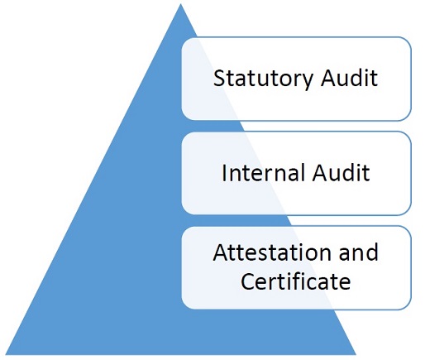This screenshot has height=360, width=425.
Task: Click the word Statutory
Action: pyautogui.click(x=263, y=79)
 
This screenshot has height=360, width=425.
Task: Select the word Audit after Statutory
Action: pyautogui.click(x=349, y=78)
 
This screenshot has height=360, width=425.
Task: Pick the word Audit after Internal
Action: pyautogui.click(x=341, y=173)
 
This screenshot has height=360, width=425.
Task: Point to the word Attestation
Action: pyautogui.click(x=272, y=252)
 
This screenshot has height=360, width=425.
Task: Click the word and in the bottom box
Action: pyautogui.click(x=358, y=252)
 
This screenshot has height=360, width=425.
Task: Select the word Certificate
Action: pyautogui.click(x=295, y=281)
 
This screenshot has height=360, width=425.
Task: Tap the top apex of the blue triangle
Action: pyautogui.click(x=180, y=4)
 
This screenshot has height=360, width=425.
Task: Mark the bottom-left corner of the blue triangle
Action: pyautogui.click(x=6, y=354)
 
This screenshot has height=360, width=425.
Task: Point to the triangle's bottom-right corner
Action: pyautogui.click(x=356, y=354)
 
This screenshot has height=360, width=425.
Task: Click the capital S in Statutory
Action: pyautogui.click(x=219, y=78)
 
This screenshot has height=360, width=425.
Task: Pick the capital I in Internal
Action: pyautogui.click(x=224, y=173)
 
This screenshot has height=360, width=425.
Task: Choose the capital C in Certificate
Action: pyautogui.click(x=248, y=281)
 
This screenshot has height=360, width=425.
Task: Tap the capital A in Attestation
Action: pyautogui.click(x=221, y=252)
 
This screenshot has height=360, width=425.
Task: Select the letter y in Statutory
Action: pyautogui.click(x=307, y=82)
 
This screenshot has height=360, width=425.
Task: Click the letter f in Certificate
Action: pyautogui.click(x=301, y=281)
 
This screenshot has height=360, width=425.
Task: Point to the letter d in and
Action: pyautogui.click(x=372, y=252)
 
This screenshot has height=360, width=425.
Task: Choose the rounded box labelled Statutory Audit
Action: pyautogui.click(x=296, y=79)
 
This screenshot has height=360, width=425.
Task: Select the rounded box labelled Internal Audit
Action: pyautogui.click(x=296, y=173)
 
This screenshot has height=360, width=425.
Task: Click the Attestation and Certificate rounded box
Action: pyautogui.click(x=296, y=267)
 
